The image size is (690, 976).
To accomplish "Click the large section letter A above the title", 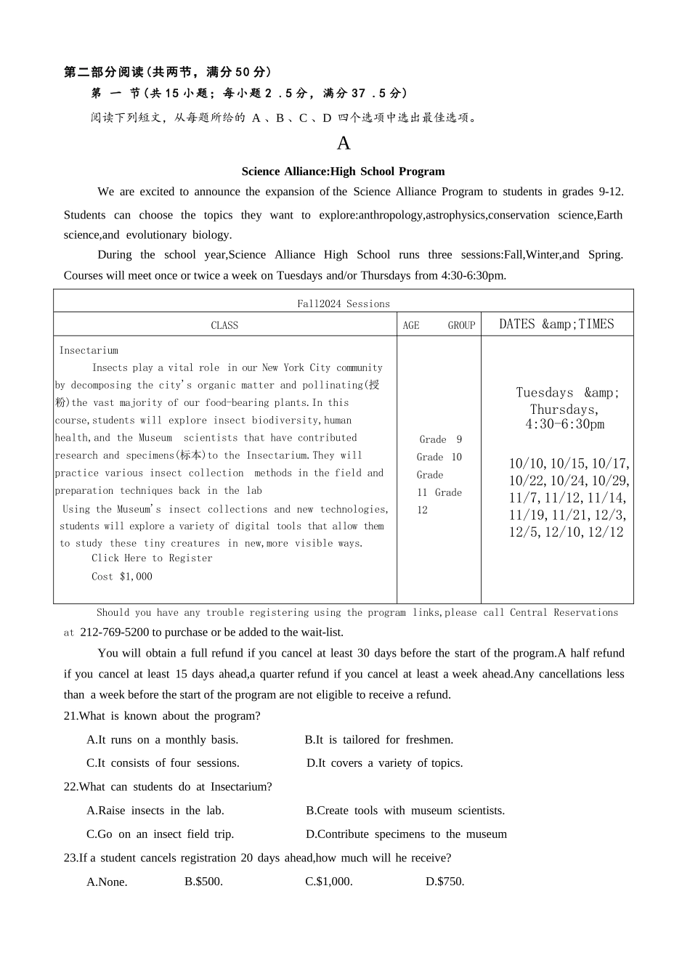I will (x=344, y=143).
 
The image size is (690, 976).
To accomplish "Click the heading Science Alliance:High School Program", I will (x=343, y=171).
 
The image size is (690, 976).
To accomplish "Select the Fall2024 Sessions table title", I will (x=343, y=304).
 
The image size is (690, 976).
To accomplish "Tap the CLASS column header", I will (x=224, y=325).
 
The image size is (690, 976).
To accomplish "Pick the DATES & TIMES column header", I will (x=556, y=325).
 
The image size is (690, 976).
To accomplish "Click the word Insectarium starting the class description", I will (x=89, y=350).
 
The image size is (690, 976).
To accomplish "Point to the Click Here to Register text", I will (x=152, y=558).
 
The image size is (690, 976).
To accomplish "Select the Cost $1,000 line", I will (x=122, y=576).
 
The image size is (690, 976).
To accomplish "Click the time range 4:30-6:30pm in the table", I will (x=564, y=424).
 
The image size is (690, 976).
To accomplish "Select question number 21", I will (x=70, y=716).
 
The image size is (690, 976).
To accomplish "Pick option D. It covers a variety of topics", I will (x=384, y=763).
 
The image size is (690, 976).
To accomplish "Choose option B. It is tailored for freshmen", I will (x=378, y=740).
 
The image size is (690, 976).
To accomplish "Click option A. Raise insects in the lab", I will (x=155, y=810).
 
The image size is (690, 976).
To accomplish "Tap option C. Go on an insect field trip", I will (x=160, y=834).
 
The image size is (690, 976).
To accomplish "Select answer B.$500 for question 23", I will (x=203, y=882).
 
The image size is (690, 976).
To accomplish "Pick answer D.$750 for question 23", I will (x=445, y=882).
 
